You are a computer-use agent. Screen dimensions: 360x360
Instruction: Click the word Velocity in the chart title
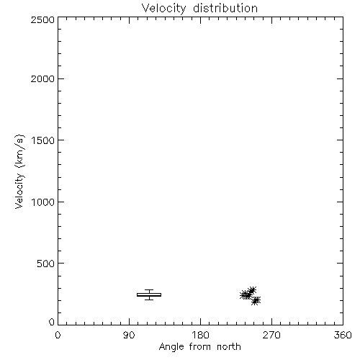tap(163, 9)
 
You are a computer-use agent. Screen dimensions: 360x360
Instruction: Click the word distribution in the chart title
tap(225, 8)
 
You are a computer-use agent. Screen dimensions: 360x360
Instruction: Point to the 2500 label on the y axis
tap(42, 19)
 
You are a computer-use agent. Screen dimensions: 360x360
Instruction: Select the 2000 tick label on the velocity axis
tap(42, 78)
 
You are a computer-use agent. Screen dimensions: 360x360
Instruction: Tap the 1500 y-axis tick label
tap(43, 140)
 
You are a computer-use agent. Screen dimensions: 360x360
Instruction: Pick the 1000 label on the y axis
tap(43, 202)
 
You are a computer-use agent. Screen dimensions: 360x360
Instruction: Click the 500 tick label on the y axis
tap(46, 264)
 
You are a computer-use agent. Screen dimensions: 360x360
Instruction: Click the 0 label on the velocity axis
tap(52, 322)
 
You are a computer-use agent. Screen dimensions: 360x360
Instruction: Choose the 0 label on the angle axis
tap(58, 335)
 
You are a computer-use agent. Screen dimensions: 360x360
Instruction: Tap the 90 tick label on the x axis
tap(129, 335)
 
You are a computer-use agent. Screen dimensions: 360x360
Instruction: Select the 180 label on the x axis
tap(200, 335)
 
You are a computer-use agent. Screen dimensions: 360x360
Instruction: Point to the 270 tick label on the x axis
tap(271, 335)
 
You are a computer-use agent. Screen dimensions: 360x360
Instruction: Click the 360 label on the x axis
tap(343, 335)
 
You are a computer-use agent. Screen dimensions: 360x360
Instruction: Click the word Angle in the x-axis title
tap(171, 347)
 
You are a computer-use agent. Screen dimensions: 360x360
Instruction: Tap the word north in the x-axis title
tap(229, 346)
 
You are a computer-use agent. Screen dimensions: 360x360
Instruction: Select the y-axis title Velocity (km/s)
tap(19, 171)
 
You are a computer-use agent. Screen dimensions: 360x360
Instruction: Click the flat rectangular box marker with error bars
tap(149, 294)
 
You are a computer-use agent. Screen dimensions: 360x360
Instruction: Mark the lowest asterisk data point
tap(256, 300)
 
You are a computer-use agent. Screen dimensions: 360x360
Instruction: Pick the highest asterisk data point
tap(252, 291)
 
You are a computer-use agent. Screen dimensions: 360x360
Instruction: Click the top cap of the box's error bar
tap(149, 289)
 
